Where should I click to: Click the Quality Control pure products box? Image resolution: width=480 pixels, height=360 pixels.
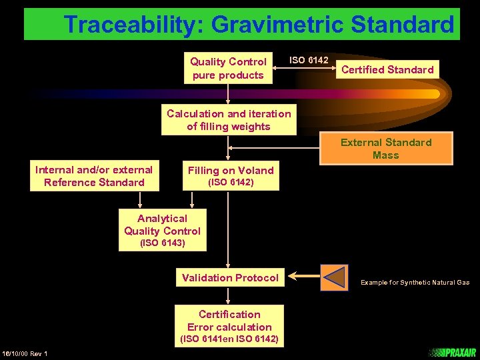(228, 68)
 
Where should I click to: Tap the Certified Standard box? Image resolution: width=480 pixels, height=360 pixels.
(387, 69)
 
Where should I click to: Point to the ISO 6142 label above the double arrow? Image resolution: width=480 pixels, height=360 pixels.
(308, 60)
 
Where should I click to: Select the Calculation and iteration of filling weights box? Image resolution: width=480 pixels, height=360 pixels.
(229, 120)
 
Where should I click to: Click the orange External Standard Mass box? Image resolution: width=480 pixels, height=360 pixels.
(386, 149)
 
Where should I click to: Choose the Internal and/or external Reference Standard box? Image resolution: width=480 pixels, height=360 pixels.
(94, 176)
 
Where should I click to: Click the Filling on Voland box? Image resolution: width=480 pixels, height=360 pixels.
(231, 175)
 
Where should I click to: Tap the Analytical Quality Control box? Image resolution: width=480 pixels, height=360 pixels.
(162, 225)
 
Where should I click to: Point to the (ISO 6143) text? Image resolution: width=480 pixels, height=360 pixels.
(162, 243)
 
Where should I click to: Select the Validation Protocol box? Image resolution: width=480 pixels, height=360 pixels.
(230, 277)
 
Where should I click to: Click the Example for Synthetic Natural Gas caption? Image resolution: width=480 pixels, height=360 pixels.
(415, 283)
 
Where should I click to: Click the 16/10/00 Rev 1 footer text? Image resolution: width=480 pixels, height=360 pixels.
(25, 353)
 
